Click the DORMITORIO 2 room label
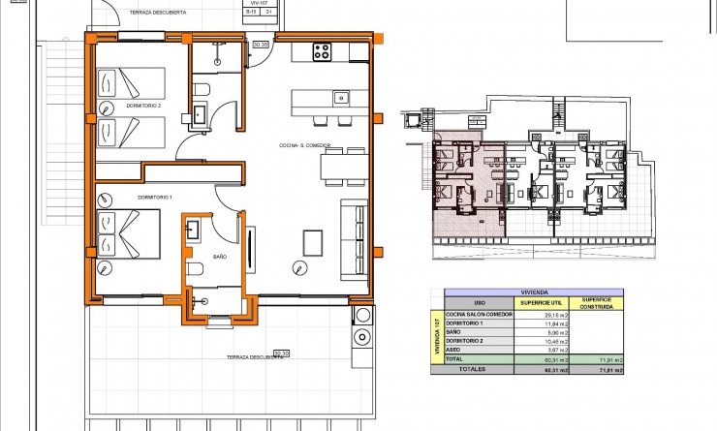pos(143,106)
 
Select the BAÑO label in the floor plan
pos(219,257)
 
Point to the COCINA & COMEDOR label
pos(305,146)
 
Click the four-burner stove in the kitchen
pos(322,52)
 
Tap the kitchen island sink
pos(340,97)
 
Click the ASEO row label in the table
pos(453,350)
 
